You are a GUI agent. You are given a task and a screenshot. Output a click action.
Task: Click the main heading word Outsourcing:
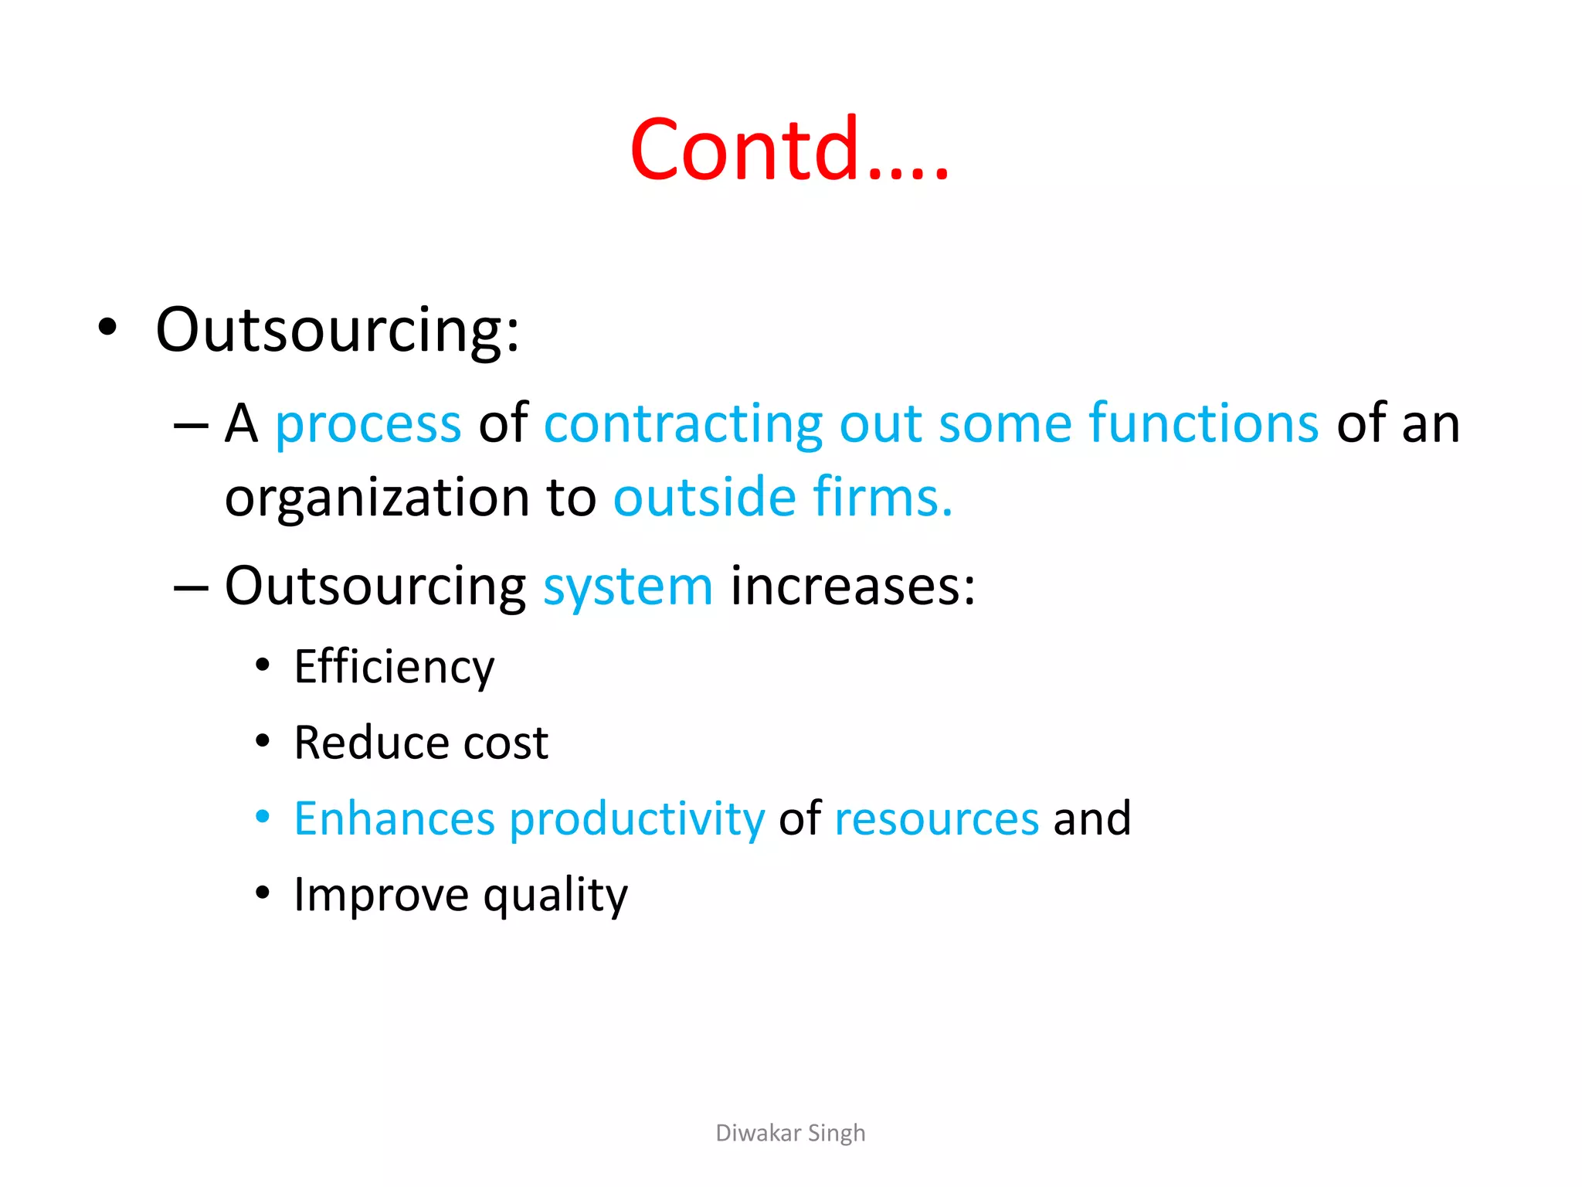pos(338,330)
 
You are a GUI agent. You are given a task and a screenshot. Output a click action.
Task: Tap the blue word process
pos(368,424)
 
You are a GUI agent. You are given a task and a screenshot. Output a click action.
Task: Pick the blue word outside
pos(704,497)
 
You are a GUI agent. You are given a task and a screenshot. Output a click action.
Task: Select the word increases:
pos(853,586)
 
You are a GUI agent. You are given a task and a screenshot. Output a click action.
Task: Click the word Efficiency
pos(394,667)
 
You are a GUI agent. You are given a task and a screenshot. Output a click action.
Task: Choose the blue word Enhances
pos(394,818)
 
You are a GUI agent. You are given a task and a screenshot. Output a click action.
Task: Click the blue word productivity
pos(637,820)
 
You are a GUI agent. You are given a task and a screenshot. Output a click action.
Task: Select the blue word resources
pos(936,818)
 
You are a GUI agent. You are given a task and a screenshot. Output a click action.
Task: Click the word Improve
pos(381,896)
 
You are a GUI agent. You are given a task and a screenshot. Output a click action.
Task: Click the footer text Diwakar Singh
pos(789,1133)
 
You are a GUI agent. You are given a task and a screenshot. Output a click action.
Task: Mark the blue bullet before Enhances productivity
pos(263,816)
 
